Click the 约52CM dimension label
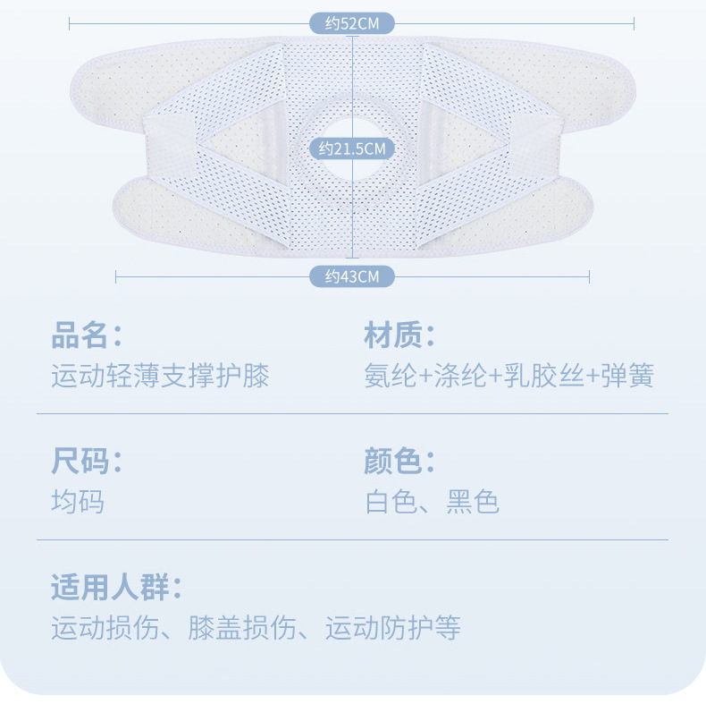tap(352, 24)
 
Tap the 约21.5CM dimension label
tap(352, 148)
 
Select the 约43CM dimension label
tap(352, 276)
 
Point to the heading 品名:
tap(86, 336)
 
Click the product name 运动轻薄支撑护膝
tap(160, 376)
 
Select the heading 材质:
tap(399, 336)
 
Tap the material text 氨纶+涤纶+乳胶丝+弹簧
tap(509, 376)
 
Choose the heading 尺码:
tap(86, 462)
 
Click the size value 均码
tap(78, 501)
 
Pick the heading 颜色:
tap(399, 462)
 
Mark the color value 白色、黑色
tap(432, 501)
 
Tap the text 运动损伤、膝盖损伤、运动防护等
tap(256, 628)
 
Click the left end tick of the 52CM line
tap(70, 24)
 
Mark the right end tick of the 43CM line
tap(590, 276)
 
